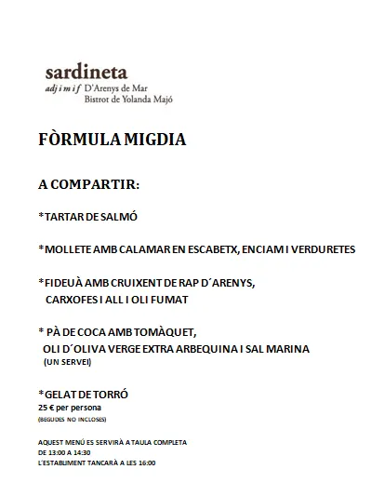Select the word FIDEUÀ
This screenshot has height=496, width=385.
[x=67, y=282]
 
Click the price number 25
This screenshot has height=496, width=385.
[x=44, y=408]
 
